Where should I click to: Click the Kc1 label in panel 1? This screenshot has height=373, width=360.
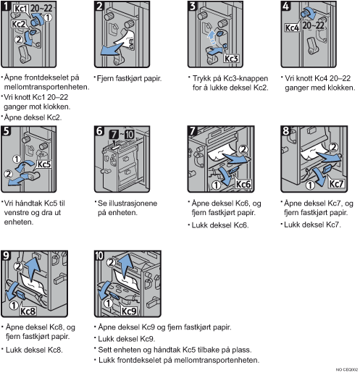[21, 9]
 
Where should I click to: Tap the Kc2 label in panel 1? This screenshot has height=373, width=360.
[18, 24]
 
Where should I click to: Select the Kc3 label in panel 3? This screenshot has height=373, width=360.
[231, 59]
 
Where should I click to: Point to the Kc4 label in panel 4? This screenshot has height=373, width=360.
[292, 28]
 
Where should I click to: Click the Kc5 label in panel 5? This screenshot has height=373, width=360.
[44, 164]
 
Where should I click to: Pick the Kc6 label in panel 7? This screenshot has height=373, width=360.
[243, 184]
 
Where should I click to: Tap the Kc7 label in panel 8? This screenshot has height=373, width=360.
[336, 184]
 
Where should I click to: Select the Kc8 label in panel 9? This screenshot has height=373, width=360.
[28, 311]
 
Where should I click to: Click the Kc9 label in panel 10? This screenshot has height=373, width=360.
[129, 311]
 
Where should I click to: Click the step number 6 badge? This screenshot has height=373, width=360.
[99, 131]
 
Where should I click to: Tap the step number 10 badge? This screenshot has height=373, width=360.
[99, 256]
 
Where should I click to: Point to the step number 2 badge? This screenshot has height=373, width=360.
[99, 6]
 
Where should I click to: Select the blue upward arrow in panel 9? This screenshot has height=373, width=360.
[32, 268]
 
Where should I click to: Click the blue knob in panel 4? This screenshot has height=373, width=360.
[306, 13]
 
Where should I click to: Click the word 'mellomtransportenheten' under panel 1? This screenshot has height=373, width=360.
[46, 87]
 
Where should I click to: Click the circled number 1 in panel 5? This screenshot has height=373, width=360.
[17, 159]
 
